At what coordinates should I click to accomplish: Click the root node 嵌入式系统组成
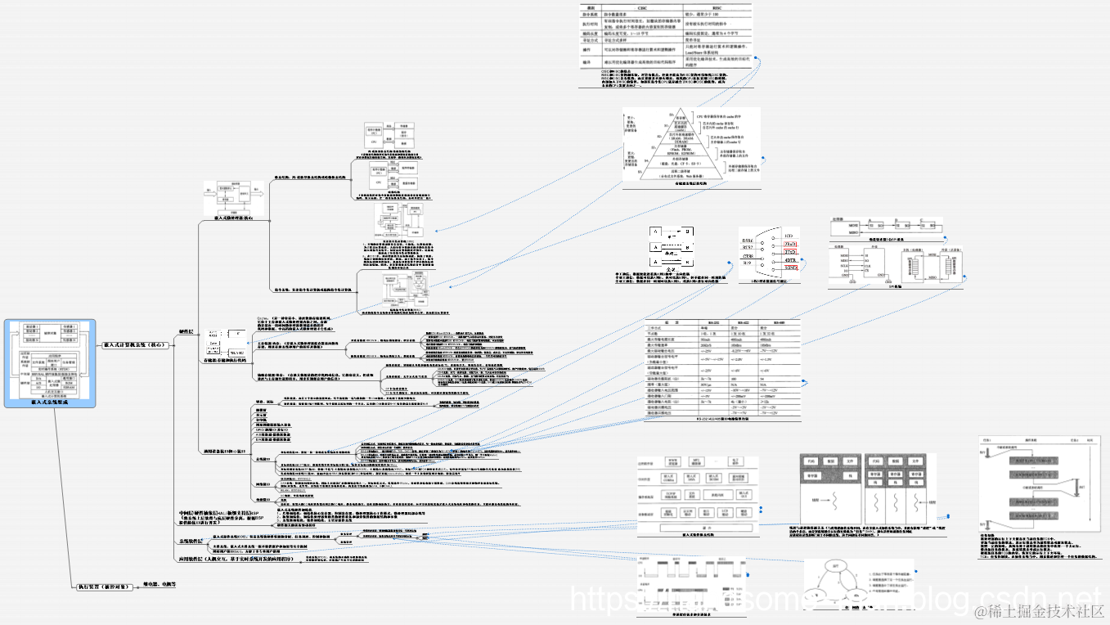click(x=50, y=402)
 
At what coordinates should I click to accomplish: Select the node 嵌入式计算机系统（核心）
click(x=135, y=345)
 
